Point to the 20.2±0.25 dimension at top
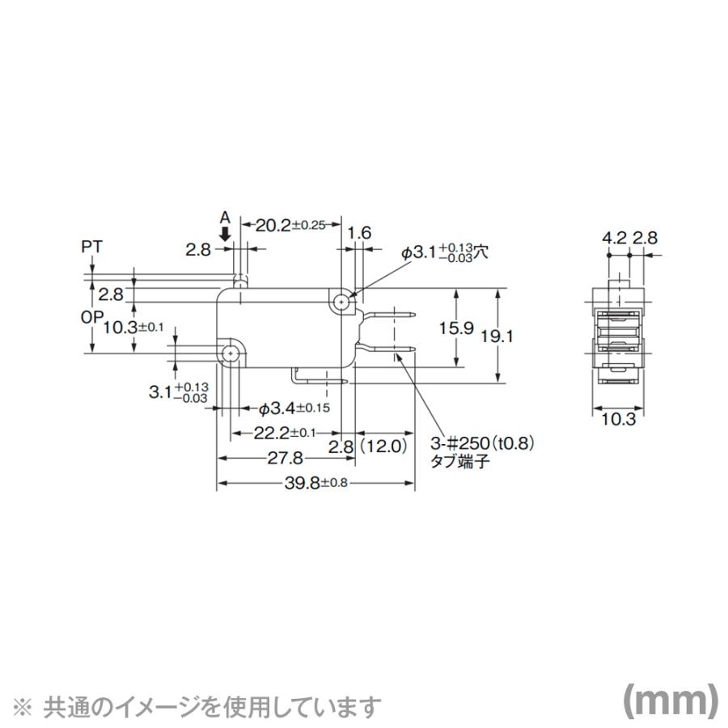coord(290,226)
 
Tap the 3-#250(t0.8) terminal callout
coord(484,445)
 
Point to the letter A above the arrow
coord(226,217)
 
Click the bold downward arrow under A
coord(226,232)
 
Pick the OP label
coord(91,318)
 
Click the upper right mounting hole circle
coord(343,302)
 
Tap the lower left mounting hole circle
coord(231,353)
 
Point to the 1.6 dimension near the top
coord(359,233)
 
